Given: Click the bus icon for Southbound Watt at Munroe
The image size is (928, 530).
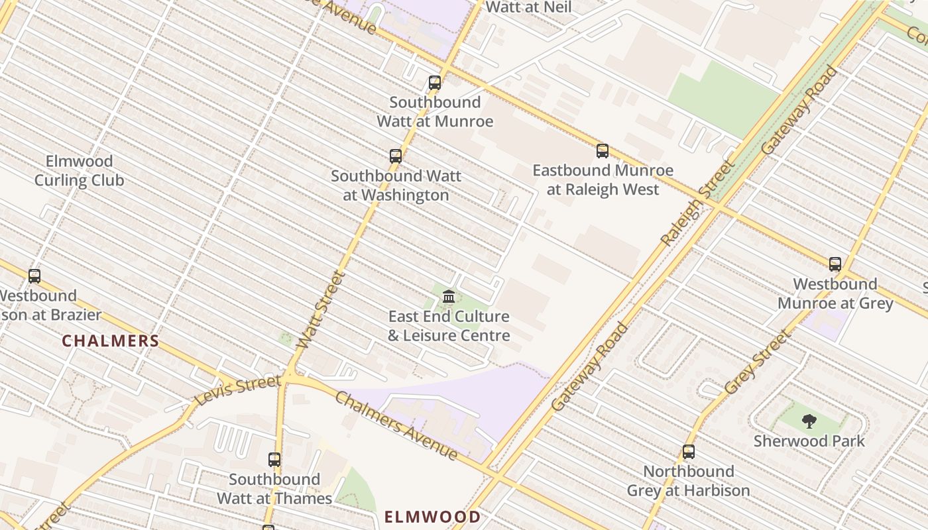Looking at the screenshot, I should (435, 83).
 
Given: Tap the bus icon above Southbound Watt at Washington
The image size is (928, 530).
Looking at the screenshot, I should (396, 156).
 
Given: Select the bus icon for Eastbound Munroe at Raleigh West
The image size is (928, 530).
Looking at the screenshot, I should (603, 151).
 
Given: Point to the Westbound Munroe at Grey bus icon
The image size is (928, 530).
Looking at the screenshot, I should (835, 264).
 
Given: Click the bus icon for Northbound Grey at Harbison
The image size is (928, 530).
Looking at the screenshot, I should (689, 452).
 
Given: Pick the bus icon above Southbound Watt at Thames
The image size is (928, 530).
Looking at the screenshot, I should (274, 460).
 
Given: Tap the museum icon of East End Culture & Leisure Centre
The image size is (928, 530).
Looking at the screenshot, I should (449, 296).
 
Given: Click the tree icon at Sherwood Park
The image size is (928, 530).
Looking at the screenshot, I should (809, 421).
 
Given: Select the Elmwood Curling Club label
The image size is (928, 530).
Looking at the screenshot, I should (79, 171).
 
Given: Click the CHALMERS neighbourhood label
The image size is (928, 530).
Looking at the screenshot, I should (111, 341).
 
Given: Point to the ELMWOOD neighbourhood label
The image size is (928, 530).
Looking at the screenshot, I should (433, 516).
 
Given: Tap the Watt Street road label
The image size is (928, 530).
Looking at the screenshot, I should (321, 309).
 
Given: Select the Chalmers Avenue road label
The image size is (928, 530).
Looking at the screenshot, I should (396, 425).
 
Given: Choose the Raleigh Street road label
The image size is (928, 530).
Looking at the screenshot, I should (699, 203).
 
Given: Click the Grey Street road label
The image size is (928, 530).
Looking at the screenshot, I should (758, 362).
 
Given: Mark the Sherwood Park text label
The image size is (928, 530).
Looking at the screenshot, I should (809, 441).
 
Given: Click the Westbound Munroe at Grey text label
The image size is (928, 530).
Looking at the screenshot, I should (835, 294).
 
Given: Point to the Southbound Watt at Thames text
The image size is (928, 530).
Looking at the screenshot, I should (274, 489).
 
